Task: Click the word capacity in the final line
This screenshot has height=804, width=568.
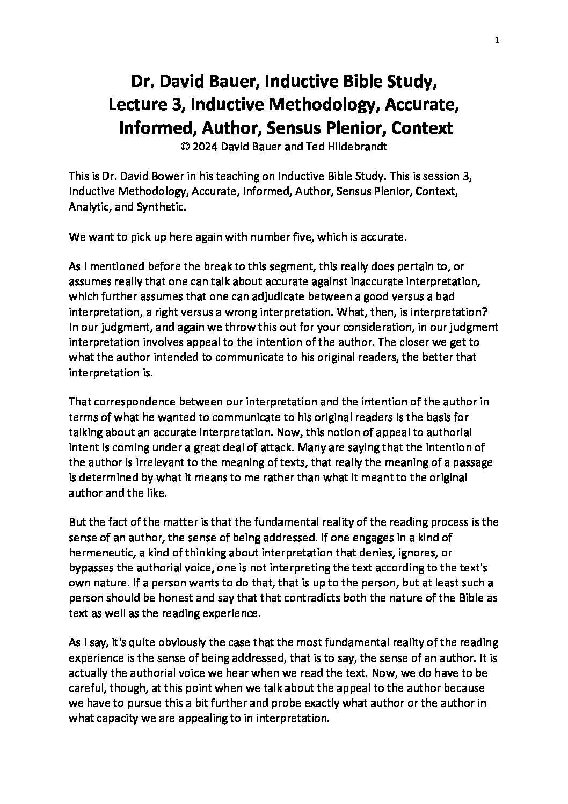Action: click(115, 718)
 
